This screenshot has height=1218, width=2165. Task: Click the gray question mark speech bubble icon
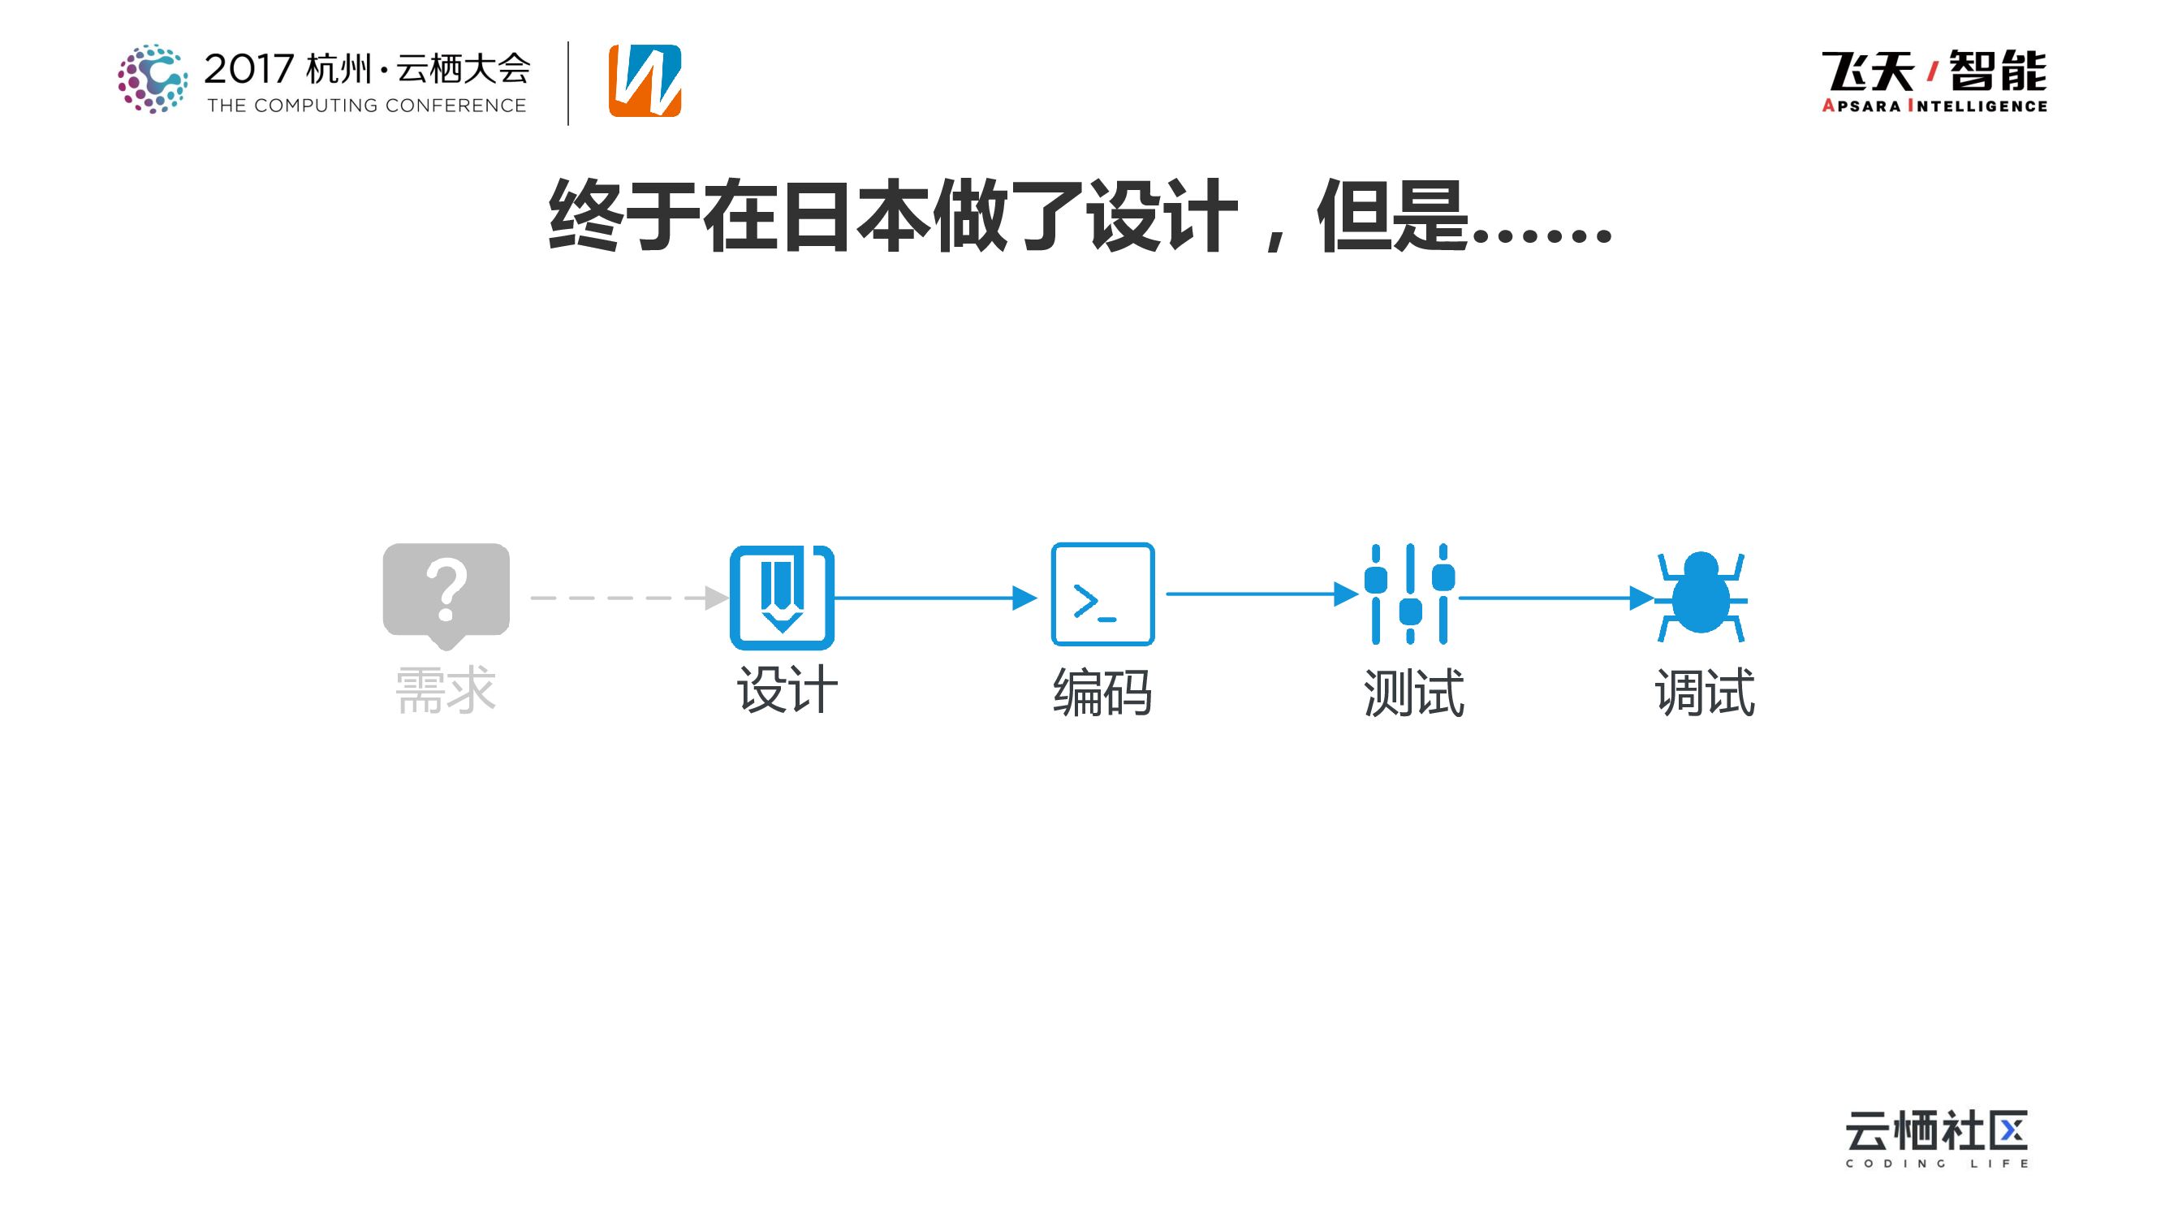pyautogui.click(x=446, y=594)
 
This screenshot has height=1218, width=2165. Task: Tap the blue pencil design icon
pyautogui.click(x=782, y=597)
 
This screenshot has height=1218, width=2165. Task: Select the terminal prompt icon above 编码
pyautogui.click(x=1102, y=594)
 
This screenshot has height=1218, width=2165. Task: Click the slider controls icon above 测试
pyautogui.click(x=1409, y=594)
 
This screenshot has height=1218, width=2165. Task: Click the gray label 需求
pyautogui.click(x=446, y=691)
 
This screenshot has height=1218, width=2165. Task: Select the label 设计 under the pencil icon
pyautogui.click(x=787, y=691)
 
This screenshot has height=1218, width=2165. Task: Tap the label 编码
pyautogui.click(x=1102, y=693)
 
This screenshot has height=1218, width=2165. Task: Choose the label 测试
pyautogui.click(x=1413, y=693)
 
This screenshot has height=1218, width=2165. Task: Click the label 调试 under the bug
pyautogui.click(x=1705, y=693)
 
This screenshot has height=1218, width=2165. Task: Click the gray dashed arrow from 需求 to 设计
pyautogui.click(x=626, y=598)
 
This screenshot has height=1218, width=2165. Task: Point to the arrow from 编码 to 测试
pyautogui.click(x=1261, y=594)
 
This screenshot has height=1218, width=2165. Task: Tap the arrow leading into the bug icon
pyautogui.click(x=1555, y=598)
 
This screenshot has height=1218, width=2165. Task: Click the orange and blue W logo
pyautogui.click(x=645, y=80)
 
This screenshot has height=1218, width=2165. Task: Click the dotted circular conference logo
pyautogui.click(x=153, y=78)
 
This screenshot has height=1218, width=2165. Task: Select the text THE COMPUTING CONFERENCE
pyautogui.click(x=366, y=106)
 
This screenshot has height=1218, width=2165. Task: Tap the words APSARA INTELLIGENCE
pyautogui.click(x=1934, y=106)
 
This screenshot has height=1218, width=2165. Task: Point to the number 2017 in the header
pyautogui.click(x=248, y=69)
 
